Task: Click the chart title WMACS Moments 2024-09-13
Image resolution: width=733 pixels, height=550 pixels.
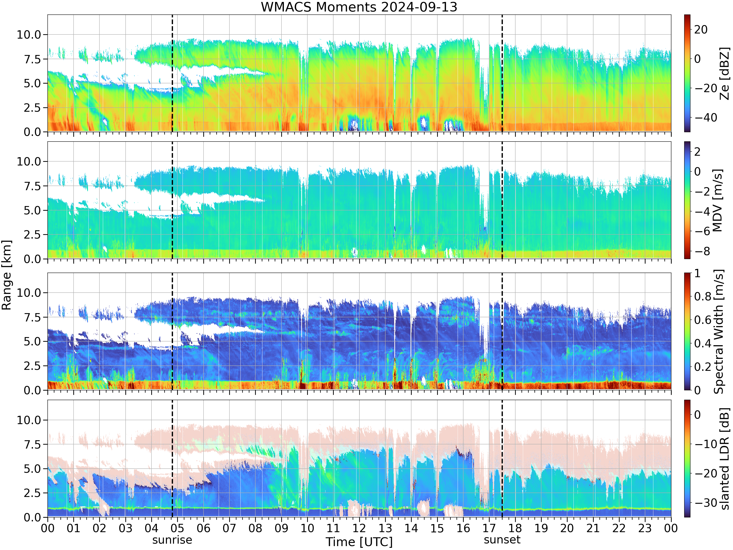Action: (359, 7)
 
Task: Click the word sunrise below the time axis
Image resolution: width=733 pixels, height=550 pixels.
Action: (172, 540)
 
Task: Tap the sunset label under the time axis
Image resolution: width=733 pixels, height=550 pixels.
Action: (502, 540)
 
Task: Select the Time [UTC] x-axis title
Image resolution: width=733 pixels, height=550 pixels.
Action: (359, 542)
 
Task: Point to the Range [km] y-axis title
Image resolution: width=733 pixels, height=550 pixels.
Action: (6, 275)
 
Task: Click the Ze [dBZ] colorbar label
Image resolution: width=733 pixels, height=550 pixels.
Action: (724, 74)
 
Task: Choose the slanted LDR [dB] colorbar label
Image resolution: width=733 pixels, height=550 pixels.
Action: (725, 459)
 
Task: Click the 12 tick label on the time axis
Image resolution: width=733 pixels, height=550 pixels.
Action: (359, 528)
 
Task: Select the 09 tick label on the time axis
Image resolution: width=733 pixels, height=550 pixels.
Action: (281, 528)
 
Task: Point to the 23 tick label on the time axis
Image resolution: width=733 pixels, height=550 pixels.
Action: (645, 528)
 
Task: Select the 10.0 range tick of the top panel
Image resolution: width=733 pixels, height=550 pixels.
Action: (29, 34)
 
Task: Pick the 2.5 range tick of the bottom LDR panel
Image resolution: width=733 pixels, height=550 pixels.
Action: (32, 493)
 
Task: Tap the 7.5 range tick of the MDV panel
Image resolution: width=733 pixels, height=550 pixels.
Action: (32, 186)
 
